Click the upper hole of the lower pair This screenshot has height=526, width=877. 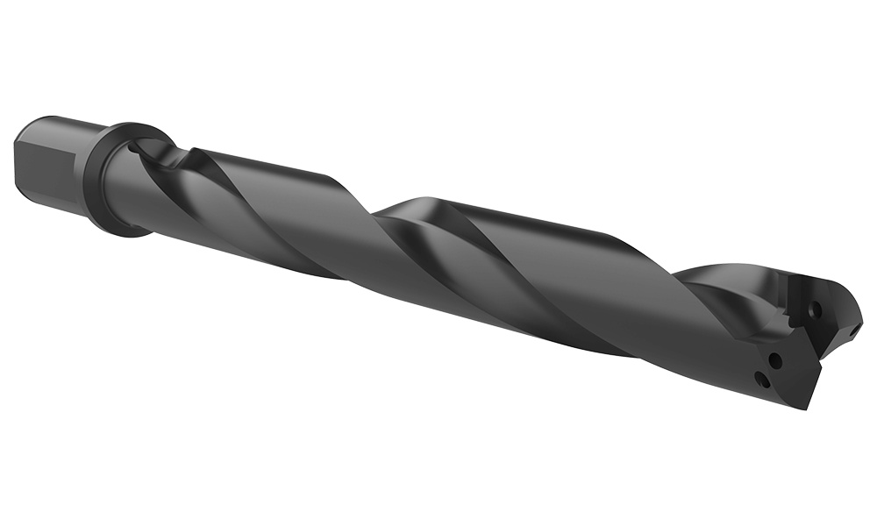tap(774, 359)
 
